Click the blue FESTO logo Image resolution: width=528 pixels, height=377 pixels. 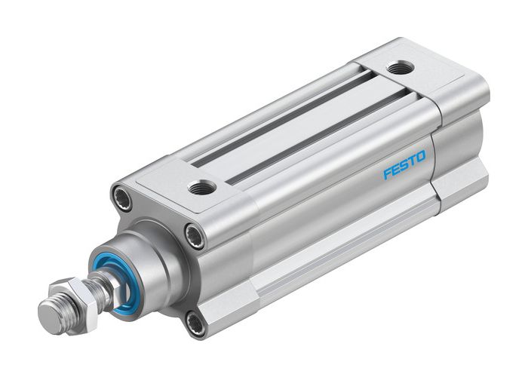pos(404,165)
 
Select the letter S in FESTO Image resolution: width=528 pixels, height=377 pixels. pos(404,165)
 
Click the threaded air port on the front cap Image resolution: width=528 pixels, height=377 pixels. pos(201,186)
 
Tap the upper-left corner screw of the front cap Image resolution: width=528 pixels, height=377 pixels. pos(121,198)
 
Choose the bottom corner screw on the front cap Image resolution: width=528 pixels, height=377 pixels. pos(195,323)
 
